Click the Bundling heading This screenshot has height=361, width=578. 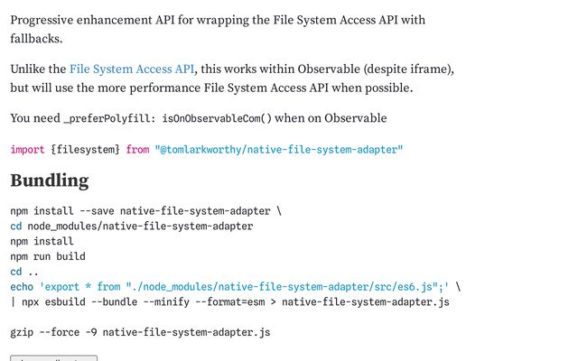click(49, 180)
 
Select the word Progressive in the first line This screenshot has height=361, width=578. click(46, 20)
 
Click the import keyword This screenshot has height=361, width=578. click(28, 149)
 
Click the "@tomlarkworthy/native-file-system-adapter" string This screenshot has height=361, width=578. click(278, 149)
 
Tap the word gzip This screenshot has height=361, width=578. click(23, 333)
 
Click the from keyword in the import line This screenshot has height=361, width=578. click(137, 149)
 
